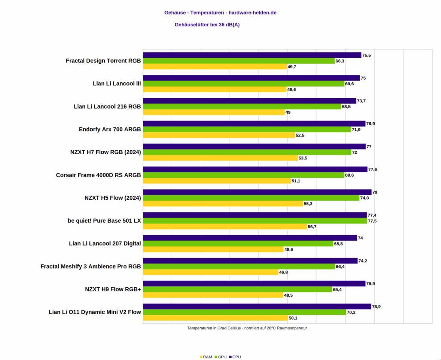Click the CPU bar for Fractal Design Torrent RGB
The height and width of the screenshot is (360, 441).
pos(252,55)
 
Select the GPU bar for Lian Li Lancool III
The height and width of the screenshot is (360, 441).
pos(243,84)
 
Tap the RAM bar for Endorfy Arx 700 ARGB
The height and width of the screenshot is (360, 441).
pos(219,135)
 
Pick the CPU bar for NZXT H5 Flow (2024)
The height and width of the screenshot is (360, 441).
pos(257,192)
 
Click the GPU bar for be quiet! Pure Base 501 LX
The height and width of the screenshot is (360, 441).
pos(255,221)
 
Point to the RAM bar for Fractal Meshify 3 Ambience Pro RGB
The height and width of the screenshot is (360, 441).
pos(211,272)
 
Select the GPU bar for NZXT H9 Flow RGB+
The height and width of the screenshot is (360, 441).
pos(237,289)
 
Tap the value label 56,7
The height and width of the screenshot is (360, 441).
pos(312,227)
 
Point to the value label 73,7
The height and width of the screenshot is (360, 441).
pos(362,101)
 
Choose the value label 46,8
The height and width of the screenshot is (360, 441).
pos(284,272)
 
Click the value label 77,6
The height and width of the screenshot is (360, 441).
pos(373,170)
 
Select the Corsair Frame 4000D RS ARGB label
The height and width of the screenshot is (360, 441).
pos(99,175)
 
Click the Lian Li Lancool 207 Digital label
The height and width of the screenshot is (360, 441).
pos(105,244)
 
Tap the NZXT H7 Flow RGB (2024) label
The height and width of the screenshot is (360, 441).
pos(106,152)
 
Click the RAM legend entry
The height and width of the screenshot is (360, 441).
pos(206,357)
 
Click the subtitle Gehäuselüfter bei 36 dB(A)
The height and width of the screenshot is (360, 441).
pos(207,25)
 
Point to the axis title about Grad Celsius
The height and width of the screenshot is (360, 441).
pos(247,328)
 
